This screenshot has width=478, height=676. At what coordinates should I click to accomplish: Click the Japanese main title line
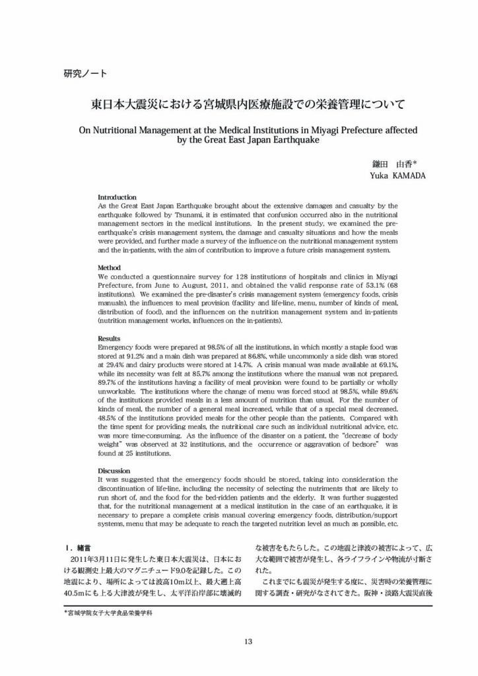pyautogui.click(x=248, y=104)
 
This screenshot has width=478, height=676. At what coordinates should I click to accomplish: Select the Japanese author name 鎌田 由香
pyautogui.click(x=393, y=163)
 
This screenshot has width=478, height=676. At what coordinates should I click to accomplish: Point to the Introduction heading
pyautogui.click(x=117, y=197)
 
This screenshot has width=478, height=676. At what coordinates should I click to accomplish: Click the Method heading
pyautogui.click(x=110, y=267)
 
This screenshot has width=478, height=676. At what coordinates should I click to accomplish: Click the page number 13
pyautogui.click(x=248, y=640)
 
